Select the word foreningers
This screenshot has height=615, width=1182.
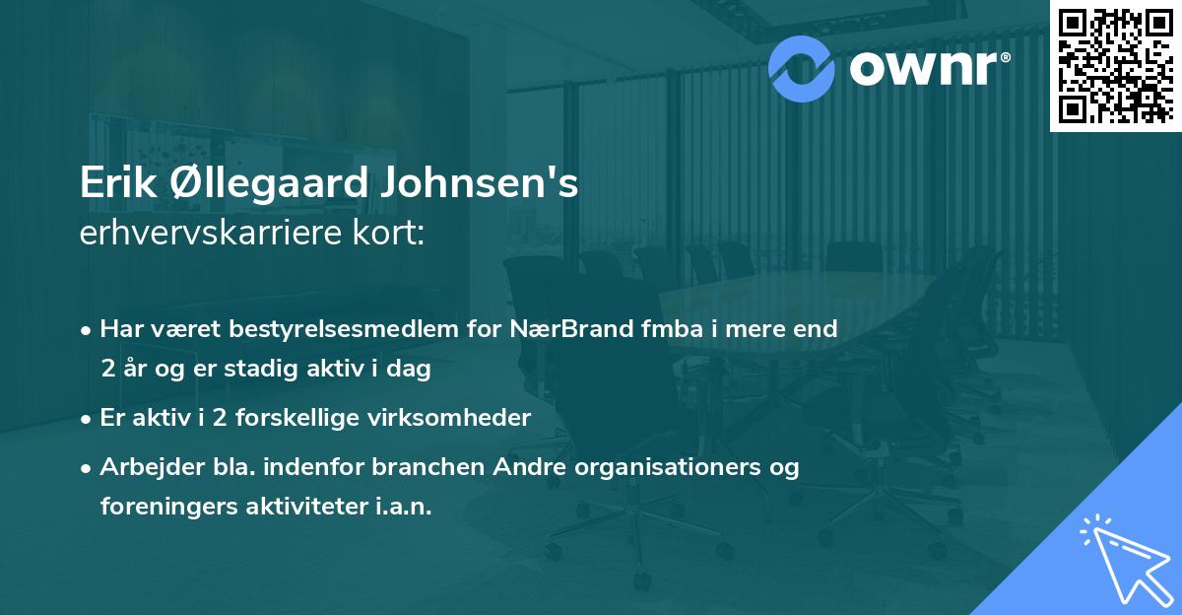pos(162,507)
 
